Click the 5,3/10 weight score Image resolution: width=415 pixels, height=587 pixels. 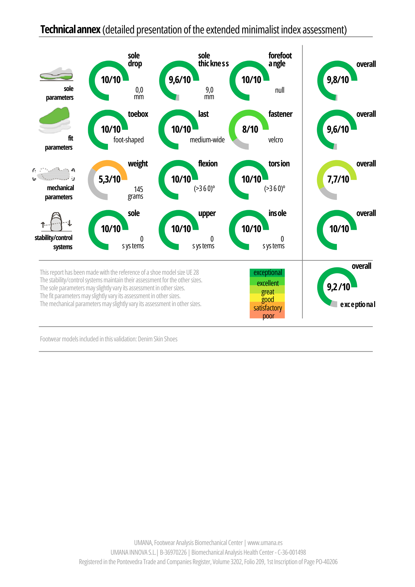pos(109,179)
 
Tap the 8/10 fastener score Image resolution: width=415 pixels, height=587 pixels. pos(250,129)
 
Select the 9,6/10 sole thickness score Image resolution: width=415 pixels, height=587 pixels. pos(180,80)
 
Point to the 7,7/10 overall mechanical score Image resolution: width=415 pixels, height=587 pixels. pos(338,179)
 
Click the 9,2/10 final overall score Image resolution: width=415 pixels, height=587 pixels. pos(338,287)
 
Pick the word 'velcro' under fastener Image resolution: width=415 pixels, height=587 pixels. pos(276,140)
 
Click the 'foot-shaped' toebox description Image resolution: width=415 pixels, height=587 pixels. pos(129,140)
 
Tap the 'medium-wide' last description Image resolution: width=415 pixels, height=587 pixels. pos(207,140)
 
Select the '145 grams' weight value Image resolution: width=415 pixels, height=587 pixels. pos(136,193)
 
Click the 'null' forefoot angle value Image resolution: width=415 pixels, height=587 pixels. pos(280,90)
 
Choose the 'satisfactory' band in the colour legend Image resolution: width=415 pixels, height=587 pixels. pos(267,307)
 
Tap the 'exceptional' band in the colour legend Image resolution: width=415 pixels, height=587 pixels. pos(267,273)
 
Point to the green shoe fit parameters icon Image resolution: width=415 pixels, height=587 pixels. pos(55,120)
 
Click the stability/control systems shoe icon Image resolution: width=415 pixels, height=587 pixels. pos(57,222)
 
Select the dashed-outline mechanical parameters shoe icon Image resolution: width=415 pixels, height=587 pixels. pos(54,174)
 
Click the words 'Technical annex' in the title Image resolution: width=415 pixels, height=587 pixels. pos(70,30)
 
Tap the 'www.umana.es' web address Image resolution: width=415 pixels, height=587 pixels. pos(265,543)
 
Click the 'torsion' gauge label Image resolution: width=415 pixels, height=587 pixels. pos(279,163)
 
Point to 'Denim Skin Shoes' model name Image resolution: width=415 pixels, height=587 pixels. pos(158,339)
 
